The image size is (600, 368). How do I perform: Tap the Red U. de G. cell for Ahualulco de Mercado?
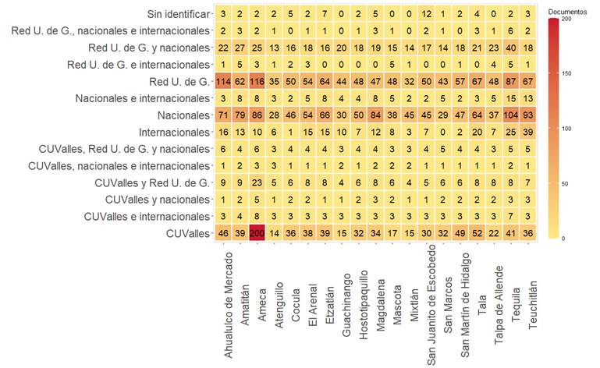[223, 82]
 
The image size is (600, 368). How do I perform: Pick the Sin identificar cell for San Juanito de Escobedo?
[425, 14]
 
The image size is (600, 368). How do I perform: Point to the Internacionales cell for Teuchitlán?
[530, 133]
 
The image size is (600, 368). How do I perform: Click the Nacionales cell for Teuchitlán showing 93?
[530, 115]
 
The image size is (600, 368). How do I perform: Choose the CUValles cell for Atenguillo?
[274, 232]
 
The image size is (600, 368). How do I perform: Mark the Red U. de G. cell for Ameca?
[257, 82]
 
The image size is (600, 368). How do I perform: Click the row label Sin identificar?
[177, 14]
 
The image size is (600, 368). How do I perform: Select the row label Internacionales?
[168, 133]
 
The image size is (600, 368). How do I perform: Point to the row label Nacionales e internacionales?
[142, 99]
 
